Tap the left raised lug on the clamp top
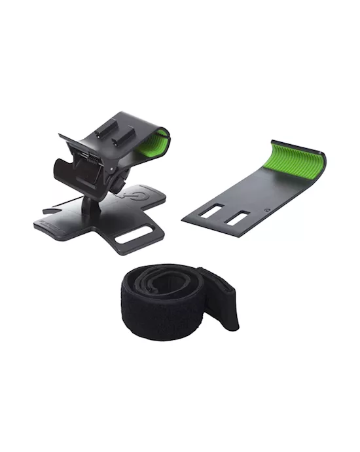point(103,132)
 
